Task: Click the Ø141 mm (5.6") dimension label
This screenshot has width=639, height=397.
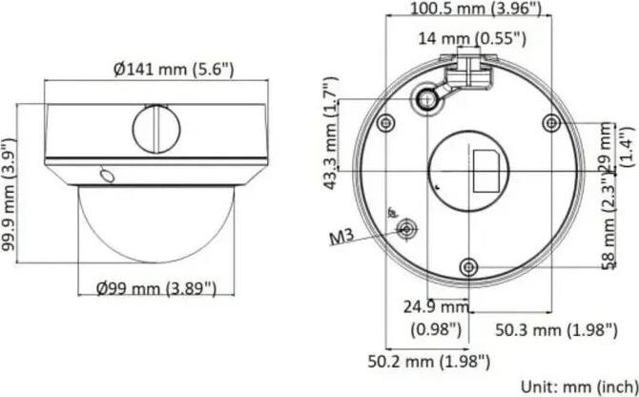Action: point(174,70)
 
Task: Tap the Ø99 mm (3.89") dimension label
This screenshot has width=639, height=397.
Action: point(156,289)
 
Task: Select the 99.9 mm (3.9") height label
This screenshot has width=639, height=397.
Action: point(9,196)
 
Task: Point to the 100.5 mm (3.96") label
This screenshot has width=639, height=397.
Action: point(475,9)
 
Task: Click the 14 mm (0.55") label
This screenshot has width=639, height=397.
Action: point(472,39)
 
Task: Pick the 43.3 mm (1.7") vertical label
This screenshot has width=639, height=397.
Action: point(331,133)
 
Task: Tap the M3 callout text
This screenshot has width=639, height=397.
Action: point(341,237)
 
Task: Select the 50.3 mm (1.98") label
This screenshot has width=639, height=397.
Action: point(556,329)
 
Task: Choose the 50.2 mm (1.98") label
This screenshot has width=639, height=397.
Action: point(429,361)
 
